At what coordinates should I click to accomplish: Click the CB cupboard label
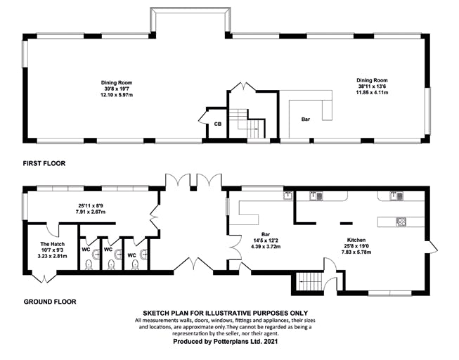[x=217, y=124]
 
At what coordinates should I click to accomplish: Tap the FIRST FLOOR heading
[x=44, y=163]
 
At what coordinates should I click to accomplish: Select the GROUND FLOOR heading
[x=50, y=302]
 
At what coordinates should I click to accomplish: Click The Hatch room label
[x=53, y=244]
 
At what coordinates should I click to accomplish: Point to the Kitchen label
[x=356, y=240]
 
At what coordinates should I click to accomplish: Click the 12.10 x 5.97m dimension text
[x=117, y=95]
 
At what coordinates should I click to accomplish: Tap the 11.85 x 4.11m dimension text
[x=372, y=92]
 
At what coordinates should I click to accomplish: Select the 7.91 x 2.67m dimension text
[x=90, y=212]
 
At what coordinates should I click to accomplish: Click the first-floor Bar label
[x=306, y=120]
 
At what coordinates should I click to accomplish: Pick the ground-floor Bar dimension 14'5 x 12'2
[x=266, y=240]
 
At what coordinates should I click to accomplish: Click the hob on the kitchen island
[x=401, y=221]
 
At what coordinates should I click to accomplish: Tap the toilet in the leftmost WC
[x=89, y=265]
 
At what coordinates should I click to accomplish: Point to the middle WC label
[x=108, y=250]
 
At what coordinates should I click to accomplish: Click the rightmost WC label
[x=131, y=255]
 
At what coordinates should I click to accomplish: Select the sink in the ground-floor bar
[x=288, y=195]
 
